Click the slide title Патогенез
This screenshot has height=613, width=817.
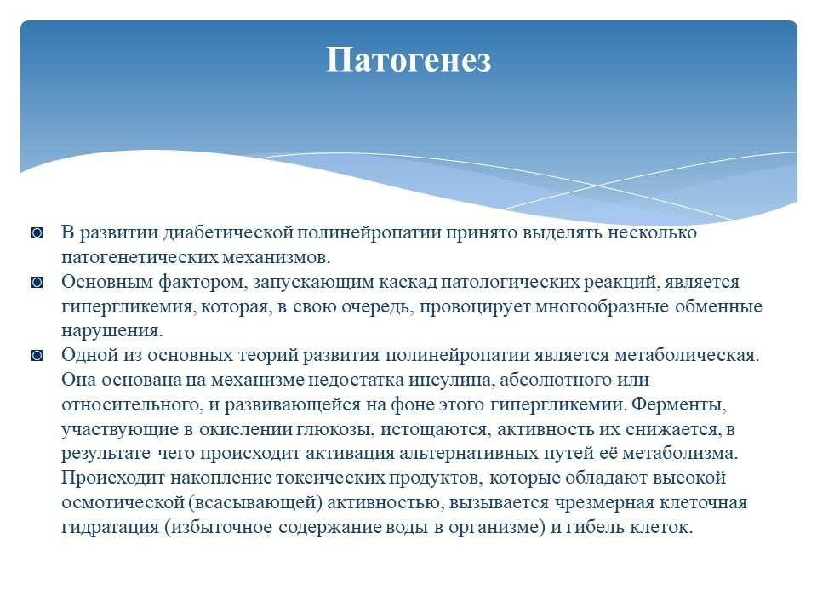click(408, 60)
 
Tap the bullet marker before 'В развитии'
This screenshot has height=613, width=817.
click(37, 233)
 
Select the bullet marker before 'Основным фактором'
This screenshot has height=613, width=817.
click(37, 283)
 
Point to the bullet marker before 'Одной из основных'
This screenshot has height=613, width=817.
click(37, 356)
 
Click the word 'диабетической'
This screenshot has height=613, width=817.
click(229, 233)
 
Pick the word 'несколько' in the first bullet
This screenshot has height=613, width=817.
click(652, 232)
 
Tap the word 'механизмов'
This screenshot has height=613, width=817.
click(276, 257)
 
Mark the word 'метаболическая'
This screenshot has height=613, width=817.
click(687, 356)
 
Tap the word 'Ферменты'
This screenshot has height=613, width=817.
click(678, 404)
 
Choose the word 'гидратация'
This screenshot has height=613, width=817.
click(111, 528)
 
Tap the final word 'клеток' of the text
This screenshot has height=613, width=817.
click(661, 528)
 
